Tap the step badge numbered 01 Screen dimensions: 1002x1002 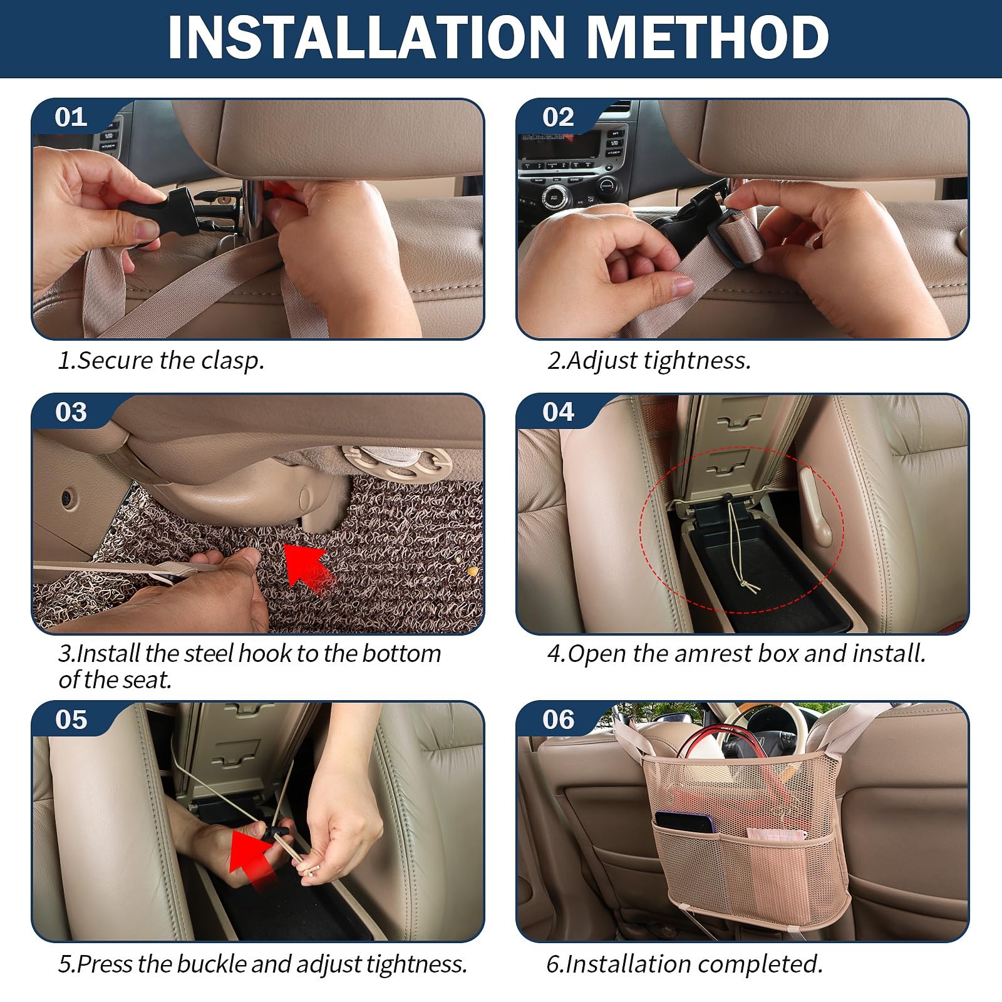(x=71, y=118)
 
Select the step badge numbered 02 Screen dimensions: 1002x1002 (x=558, y=118)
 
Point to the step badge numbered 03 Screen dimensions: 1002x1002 (x=71, y=412)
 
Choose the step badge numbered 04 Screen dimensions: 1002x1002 (x=558, y=412)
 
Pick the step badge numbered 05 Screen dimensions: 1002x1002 (x=71, y=720)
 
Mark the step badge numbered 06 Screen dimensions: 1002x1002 (x=558, y=720)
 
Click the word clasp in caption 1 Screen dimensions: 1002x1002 (x=232, y=361)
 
